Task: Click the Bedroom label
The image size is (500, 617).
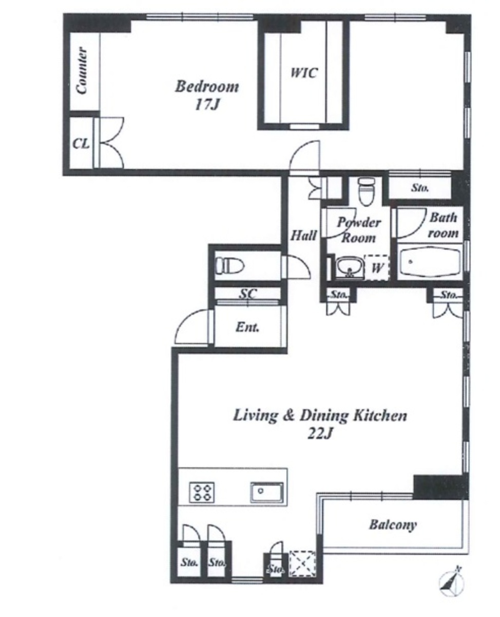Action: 207,86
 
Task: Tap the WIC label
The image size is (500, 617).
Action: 304,72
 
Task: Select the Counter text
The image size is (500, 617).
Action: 81,70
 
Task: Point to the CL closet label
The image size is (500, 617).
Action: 81,143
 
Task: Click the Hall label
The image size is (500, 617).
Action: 303,235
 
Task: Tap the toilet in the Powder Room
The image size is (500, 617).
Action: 367,191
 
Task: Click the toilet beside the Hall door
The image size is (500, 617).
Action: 230,265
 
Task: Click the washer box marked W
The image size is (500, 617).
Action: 376,267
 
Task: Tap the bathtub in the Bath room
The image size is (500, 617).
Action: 430,262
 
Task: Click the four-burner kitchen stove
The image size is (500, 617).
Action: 202,492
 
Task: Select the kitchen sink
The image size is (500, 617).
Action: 267,492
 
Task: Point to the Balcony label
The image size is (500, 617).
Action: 393,524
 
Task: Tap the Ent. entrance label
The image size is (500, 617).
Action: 247,328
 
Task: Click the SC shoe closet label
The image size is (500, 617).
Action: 248,294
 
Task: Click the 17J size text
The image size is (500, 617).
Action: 206,104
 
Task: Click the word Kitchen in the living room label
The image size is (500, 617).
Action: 380,415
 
